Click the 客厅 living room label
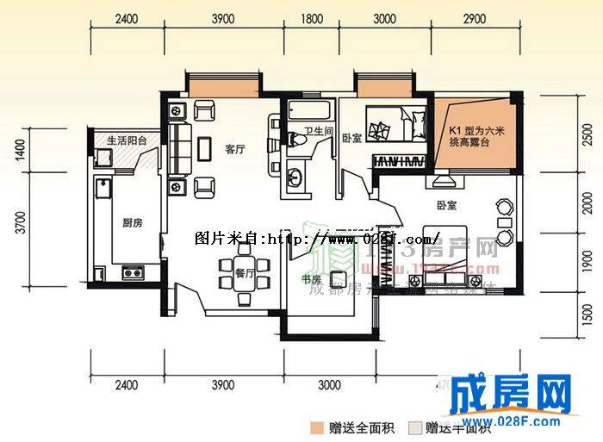coord(235,150)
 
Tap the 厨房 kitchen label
coord(132,223)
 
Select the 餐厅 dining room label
coord(246,275)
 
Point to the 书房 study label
coord(311,281)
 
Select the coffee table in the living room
coord(205,149)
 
